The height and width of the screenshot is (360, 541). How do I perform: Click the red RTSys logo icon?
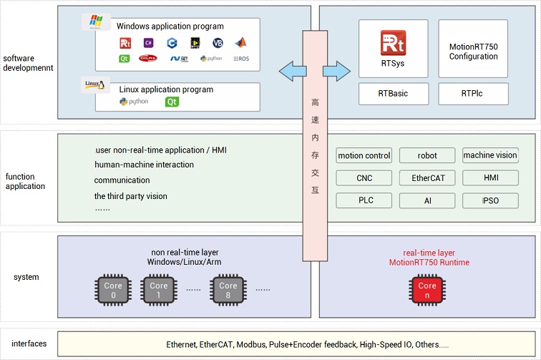(393, 44)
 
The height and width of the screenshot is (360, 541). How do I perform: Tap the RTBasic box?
(393, 93)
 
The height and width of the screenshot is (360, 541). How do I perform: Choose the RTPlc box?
(473, 93)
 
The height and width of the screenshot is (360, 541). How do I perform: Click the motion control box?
(364, 155)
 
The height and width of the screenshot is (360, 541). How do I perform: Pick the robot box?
(427, 155)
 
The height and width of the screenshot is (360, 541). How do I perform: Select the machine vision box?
(490, 155)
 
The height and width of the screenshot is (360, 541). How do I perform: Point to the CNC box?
(364, 177)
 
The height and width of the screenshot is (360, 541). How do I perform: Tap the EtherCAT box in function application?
(427, 177)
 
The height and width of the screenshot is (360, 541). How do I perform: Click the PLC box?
(364, 200)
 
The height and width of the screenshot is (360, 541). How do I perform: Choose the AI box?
(427, 200)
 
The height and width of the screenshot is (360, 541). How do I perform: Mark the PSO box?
(490, 200)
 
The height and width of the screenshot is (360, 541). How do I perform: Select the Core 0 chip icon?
(113, 290)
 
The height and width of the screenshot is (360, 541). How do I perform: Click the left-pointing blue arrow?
(291, 70)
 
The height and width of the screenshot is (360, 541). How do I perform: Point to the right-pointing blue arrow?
(336, 70)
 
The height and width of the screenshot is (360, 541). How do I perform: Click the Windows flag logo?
(96, 21)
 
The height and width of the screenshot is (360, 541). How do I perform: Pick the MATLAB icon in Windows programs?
(240, 42)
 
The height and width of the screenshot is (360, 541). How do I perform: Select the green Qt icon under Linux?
(172, 102)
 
